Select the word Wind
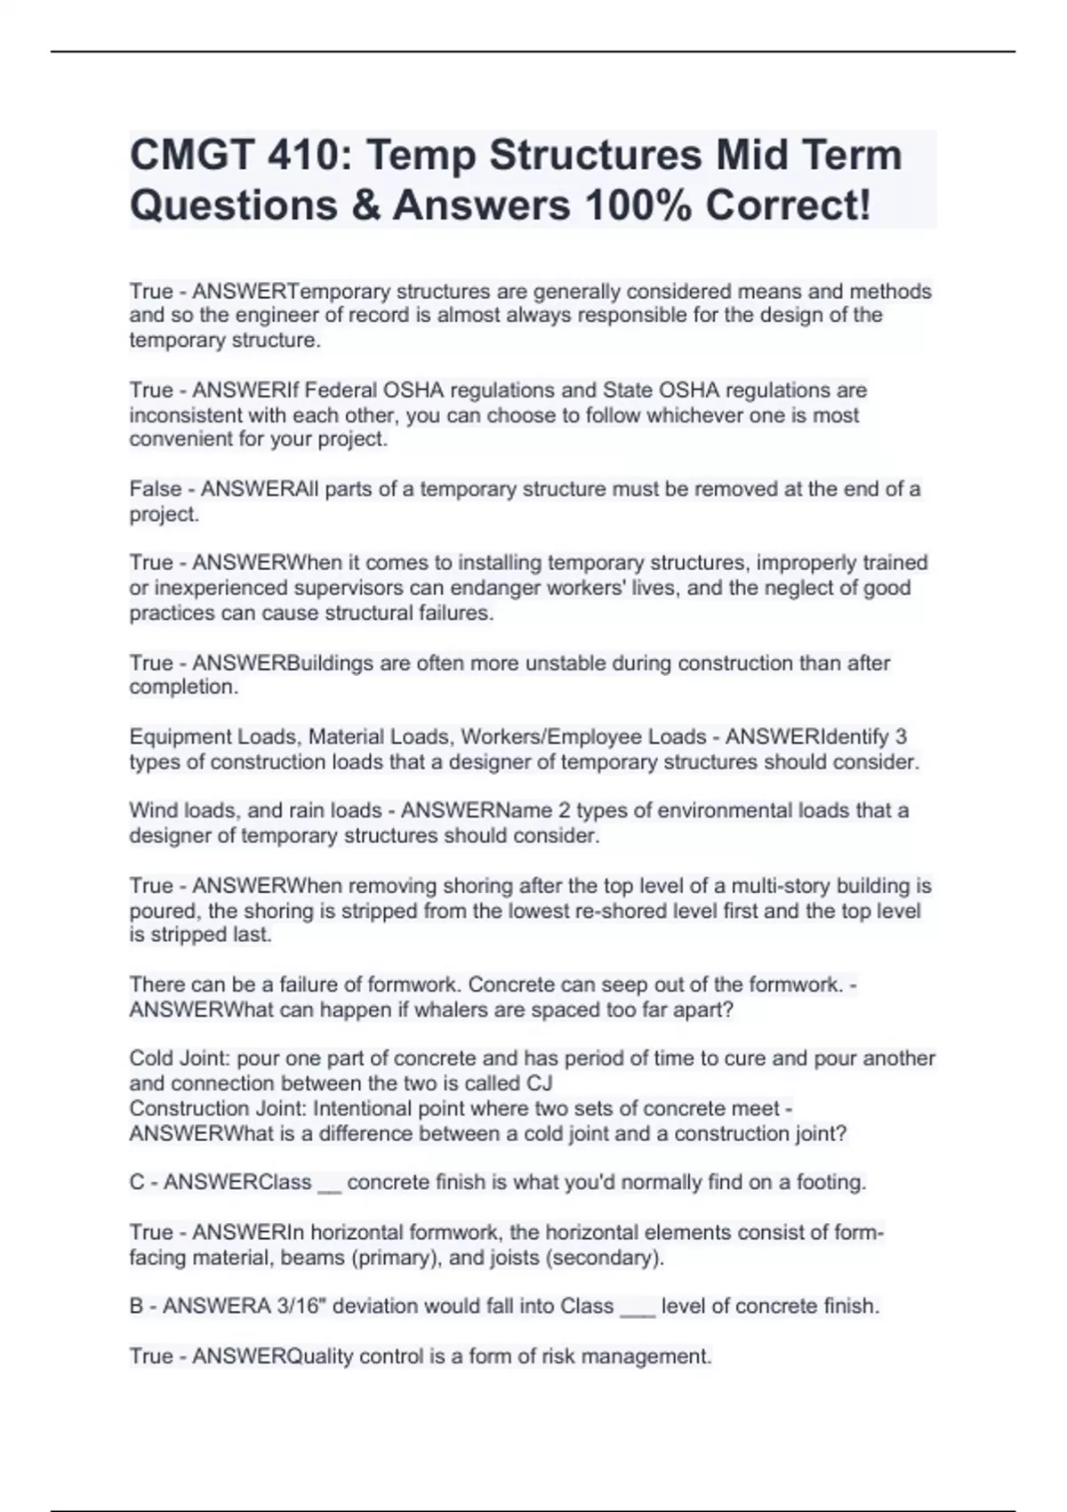point(153,811)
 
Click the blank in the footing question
point(328,1184)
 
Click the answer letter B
point(137,1307)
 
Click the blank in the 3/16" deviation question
point(637,1308)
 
